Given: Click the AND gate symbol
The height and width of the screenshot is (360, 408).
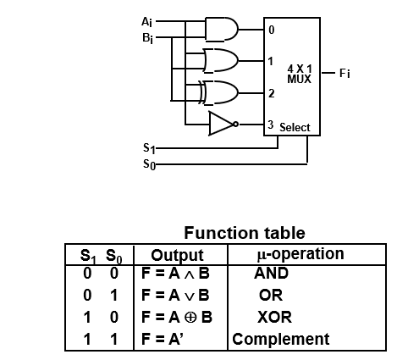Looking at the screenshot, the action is tap(222, 30).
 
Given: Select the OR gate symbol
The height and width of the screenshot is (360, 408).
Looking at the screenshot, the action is tap(221, 61).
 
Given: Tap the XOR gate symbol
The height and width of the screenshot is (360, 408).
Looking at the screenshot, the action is tap(218, 92).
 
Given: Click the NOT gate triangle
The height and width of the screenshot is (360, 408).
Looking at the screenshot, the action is tap(221, 124).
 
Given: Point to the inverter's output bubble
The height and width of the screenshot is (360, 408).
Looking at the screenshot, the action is tap(235, 124).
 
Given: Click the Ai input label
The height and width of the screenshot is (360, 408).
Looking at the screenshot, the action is tap(146, 22).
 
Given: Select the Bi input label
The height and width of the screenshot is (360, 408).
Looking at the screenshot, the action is tap(147, 38).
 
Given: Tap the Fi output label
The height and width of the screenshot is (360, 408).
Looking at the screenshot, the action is tap(345, 74).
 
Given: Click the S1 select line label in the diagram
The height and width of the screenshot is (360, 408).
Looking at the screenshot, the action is tap(149, 148).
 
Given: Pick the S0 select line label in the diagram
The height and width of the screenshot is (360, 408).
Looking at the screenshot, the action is tap(149, 164).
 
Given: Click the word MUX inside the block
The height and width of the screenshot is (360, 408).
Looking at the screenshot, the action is tap(299, 79).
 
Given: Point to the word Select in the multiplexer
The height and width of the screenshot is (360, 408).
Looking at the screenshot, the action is tap(295, 127).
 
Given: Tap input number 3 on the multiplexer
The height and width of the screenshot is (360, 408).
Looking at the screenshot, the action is tap(271, 125).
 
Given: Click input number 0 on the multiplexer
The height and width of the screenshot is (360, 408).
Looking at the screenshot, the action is tap(271, 30).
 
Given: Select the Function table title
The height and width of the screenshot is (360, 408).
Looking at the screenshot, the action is tap(245, 233).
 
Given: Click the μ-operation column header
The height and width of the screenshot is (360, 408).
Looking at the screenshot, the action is tap(300, 254).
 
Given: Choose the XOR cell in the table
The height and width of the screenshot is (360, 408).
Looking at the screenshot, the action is tap(274, 317).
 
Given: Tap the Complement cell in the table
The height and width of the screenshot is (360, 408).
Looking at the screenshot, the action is tap(281, 339).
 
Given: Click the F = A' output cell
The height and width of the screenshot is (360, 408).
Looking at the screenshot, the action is tap(163, 339).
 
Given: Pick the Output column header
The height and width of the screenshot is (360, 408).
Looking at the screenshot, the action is tap(177, 256).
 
